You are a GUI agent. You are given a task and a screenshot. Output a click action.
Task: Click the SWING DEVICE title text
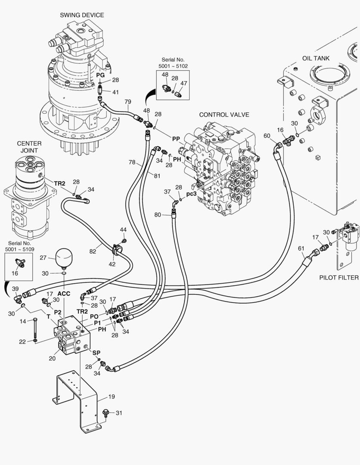pos(82,15)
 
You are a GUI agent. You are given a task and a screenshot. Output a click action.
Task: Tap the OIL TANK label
pos(316,58)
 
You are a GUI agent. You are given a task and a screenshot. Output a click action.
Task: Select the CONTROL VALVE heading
pos(224,115)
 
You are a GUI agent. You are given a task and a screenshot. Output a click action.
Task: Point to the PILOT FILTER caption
pos(339,278)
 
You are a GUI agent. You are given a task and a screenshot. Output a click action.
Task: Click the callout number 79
pos(127,102)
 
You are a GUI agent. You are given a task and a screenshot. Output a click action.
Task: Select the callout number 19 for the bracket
pos(112,397)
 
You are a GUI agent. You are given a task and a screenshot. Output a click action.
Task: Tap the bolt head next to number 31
pos(106,413)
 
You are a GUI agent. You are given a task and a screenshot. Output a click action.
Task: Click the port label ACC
pos(64,294)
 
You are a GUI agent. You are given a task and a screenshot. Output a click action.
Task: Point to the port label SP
pos(96,353)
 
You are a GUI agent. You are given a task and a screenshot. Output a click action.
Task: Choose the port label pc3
pos(192,194)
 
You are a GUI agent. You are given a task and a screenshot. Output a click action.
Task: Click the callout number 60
pos(267,136)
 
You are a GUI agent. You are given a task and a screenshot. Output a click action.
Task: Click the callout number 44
pos(123,229)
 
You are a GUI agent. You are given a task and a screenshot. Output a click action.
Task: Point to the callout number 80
pos(158,214)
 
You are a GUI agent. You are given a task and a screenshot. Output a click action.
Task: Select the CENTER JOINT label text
pos(29,147)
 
